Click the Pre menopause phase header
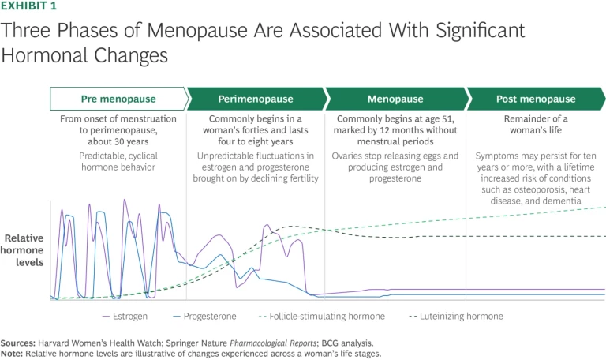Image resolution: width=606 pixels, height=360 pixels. point(118,99)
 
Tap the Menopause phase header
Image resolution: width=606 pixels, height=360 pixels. point(395,99)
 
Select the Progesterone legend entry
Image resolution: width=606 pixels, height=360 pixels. point(209,316)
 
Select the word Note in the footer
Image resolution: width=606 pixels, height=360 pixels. point(12,353)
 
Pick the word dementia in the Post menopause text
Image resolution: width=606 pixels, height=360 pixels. point(561,201)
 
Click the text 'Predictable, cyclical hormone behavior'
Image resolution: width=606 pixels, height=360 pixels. point(118,162)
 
